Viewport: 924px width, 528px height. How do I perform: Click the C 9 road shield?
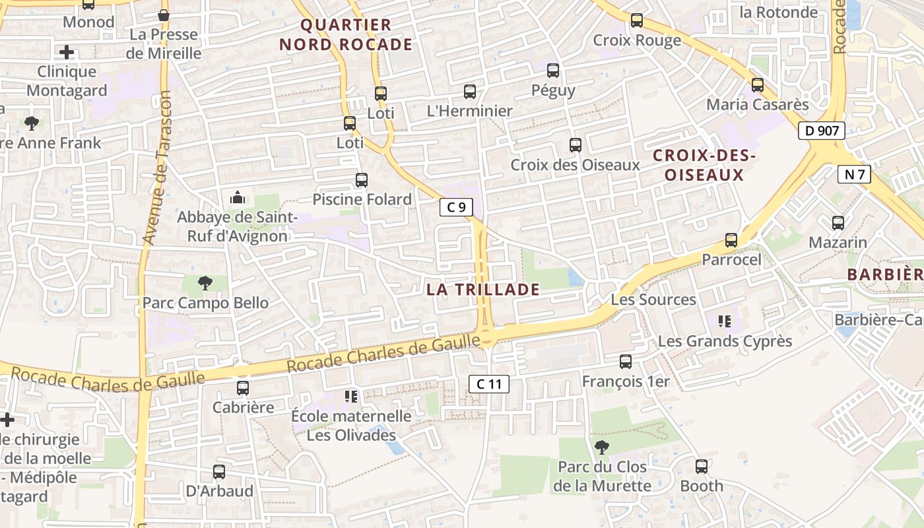pyautogui.click(x=456, y=207)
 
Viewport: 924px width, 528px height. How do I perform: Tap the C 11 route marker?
pyautogui.click(x=489, y=383)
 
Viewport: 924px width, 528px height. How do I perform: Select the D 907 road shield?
pyautogui.click(x=822, y=131)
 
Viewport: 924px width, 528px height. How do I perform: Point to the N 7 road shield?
pyautogui.click(x=854, y=174)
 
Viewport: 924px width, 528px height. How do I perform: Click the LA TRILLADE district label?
pyautogui.click(x=483, y=289)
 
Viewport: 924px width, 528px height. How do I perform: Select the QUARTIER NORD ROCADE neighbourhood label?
pyautogui.click(x=346, y=35)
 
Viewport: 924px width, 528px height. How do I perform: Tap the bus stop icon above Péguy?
pyautogui.click(x=553, y=70)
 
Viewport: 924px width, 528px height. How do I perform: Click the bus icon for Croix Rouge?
pyautogui.click(x=637, y=20)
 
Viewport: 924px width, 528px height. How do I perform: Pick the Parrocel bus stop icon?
pyautogui.click(x=731, y=240)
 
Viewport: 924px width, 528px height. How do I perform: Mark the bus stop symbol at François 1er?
pyautogui.click(x=626, y=362)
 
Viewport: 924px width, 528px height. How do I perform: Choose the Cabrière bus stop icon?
pyautogui.click(x=243, y=388)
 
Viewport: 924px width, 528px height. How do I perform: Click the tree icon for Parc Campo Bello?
pyautogui.click(x=205, y=283)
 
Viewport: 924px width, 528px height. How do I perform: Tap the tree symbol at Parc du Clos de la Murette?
pyautogui.click(x=601, y=447)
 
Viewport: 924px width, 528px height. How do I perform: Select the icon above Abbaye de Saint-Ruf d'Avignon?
pyautogui.click(x=237, y=197)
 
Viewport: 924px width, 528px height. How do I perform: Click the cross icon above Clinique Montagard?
pyautogui.click(x=67, y=52)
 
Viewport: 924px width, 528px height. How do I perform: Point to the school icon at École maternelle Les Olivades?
pyautogui.click(x=351, y=397)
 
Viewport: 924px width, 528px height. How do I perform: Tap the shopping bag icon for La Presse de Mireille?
pyautogui.click(x=164, y=15)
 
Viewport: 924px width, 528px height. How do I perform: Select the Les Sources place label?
pyautogui.click(x=653, y=300)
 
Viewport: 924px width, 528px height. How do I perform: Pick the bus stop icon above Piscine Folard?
pyautogui.click(x=362, y=180)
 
